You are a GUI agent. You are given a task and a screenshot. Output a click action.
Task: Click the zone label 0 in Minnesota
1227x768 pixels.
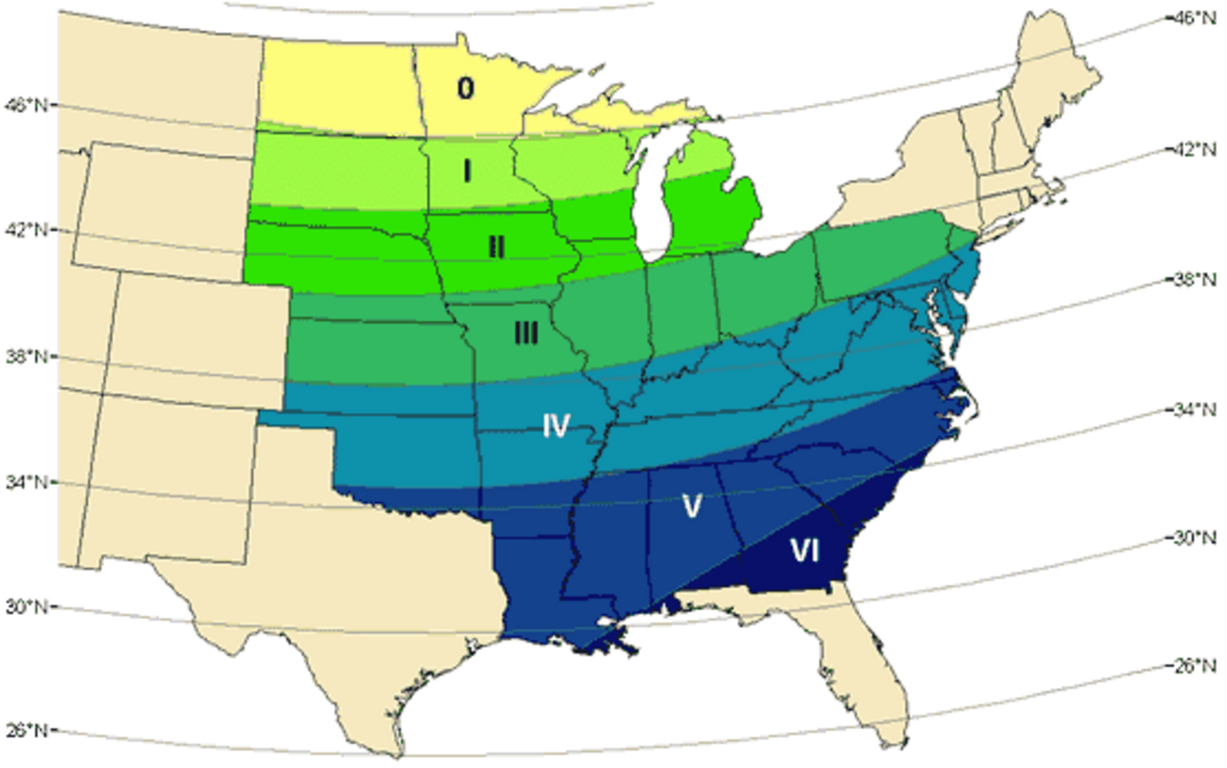(465, 88)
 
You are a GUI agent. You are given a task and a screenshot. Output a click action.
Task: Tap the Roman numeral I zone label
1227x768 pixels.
(467, 171)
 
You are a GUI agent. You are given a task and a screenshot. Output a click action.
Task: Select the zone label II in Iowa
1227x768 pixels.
(496, 247)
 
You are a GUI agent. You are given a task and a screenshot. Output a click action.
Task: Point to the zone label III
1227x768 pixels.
(527, 333)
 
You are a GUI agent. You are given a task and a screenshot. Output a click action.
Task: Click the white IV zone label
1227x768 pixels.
(556, 425)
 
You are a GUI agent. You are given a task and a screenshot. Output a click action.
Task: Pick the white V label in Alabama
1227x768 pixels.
(692, 507)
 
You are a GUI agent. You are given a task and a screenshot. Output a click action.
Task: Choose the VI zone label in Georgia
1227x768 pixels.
(804, 551)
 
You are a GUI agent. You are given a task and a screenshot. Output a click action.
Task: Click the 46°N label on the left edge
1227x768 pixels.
(26, 105)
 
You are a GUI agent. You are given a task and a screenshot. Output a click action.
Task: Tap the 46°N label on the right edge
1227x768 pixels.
(1195, 18)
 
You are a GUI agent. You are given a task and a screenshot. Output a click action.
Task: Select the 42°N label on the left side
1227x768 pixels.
(26, 230)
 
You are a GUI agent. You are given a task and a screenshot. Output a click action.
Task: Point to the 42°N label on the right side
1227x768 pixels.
(1195, 150)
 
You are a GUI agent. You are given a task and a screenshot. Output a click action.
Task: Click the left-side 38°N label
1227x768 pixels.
(26, 356)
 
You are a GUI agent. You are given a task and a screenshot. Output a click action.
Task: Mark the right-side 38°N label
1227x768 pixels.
(1195, 279)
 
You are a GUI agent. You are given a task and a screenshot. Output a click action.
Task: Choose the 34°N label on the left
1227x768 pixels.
(26, 482)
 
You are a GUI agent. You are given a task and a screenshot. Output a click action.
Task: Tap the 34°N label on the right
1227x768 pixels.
(1195, 410)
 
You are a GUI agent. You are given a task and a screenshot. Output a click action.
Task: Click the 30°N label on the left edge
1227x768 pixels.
(26, 607)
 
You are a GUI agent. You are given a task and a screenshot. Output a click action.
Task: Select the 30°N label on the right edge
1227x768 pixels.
(1195, 538)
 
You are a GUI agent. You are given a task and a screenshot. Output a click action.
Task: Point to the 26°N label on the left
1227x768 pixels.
(26, 731)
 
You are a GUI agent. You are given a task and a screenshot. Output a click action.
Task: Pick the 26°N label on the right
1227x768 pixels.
(1195, 666)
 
